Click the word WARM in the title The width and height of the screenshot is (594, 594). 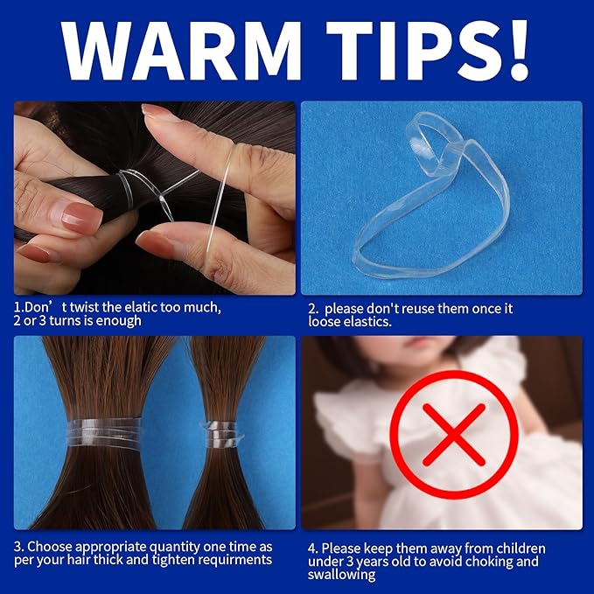[181, 51]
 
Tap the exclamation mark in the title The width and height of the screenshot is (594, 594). [514, 50]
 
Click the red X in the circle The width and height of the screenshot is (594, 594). [454, 434]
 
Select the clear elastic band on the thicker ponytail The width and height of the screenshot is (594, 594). [104, 432]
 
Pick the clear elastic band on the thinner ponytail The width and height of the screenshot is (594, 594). [221, 434]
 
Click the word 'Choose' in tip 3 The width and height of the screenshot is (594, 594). [49, 547]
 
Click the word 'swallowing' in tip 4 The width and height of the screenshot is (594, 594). [341, 575]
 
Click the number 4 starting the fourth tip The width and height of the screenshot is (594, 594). [312, 549]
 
